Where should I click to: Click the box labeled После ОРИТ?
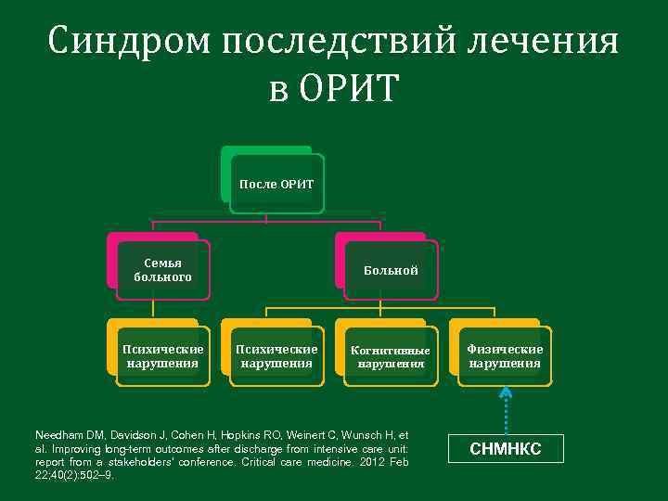point(276,184)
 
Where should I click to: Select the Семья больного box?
point(162,271)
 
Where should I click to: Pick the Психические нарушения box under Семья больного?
point(162,356)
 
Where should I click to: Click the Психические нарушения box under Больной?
point(276,356)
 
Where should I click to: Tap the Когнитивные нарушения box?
point(391,357)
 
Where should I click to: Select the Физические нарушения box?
point(505,356)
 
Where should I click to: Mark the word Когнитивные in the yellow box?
point(391,351)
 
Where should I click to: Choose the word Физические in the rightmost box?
point(505,350)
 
